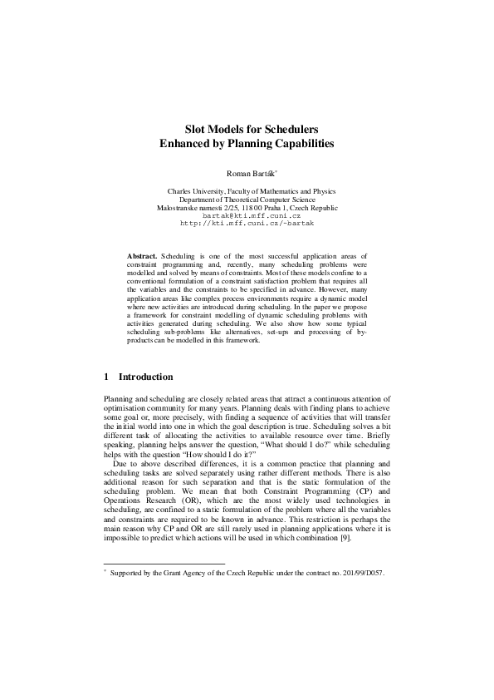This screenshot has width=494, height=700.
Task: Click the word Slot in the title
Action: point(196,129)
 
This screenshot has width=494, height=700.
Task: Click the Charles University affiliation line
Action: point(247,191)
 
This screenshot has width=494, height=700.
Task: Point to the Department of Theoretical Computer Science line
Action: point(247,200)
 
